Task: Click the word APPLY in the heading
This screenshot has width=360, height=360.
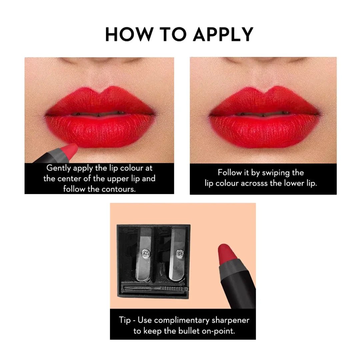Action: click(223, 34)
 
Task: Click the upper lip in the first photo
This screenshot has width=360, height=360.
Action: click(100, 100)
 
